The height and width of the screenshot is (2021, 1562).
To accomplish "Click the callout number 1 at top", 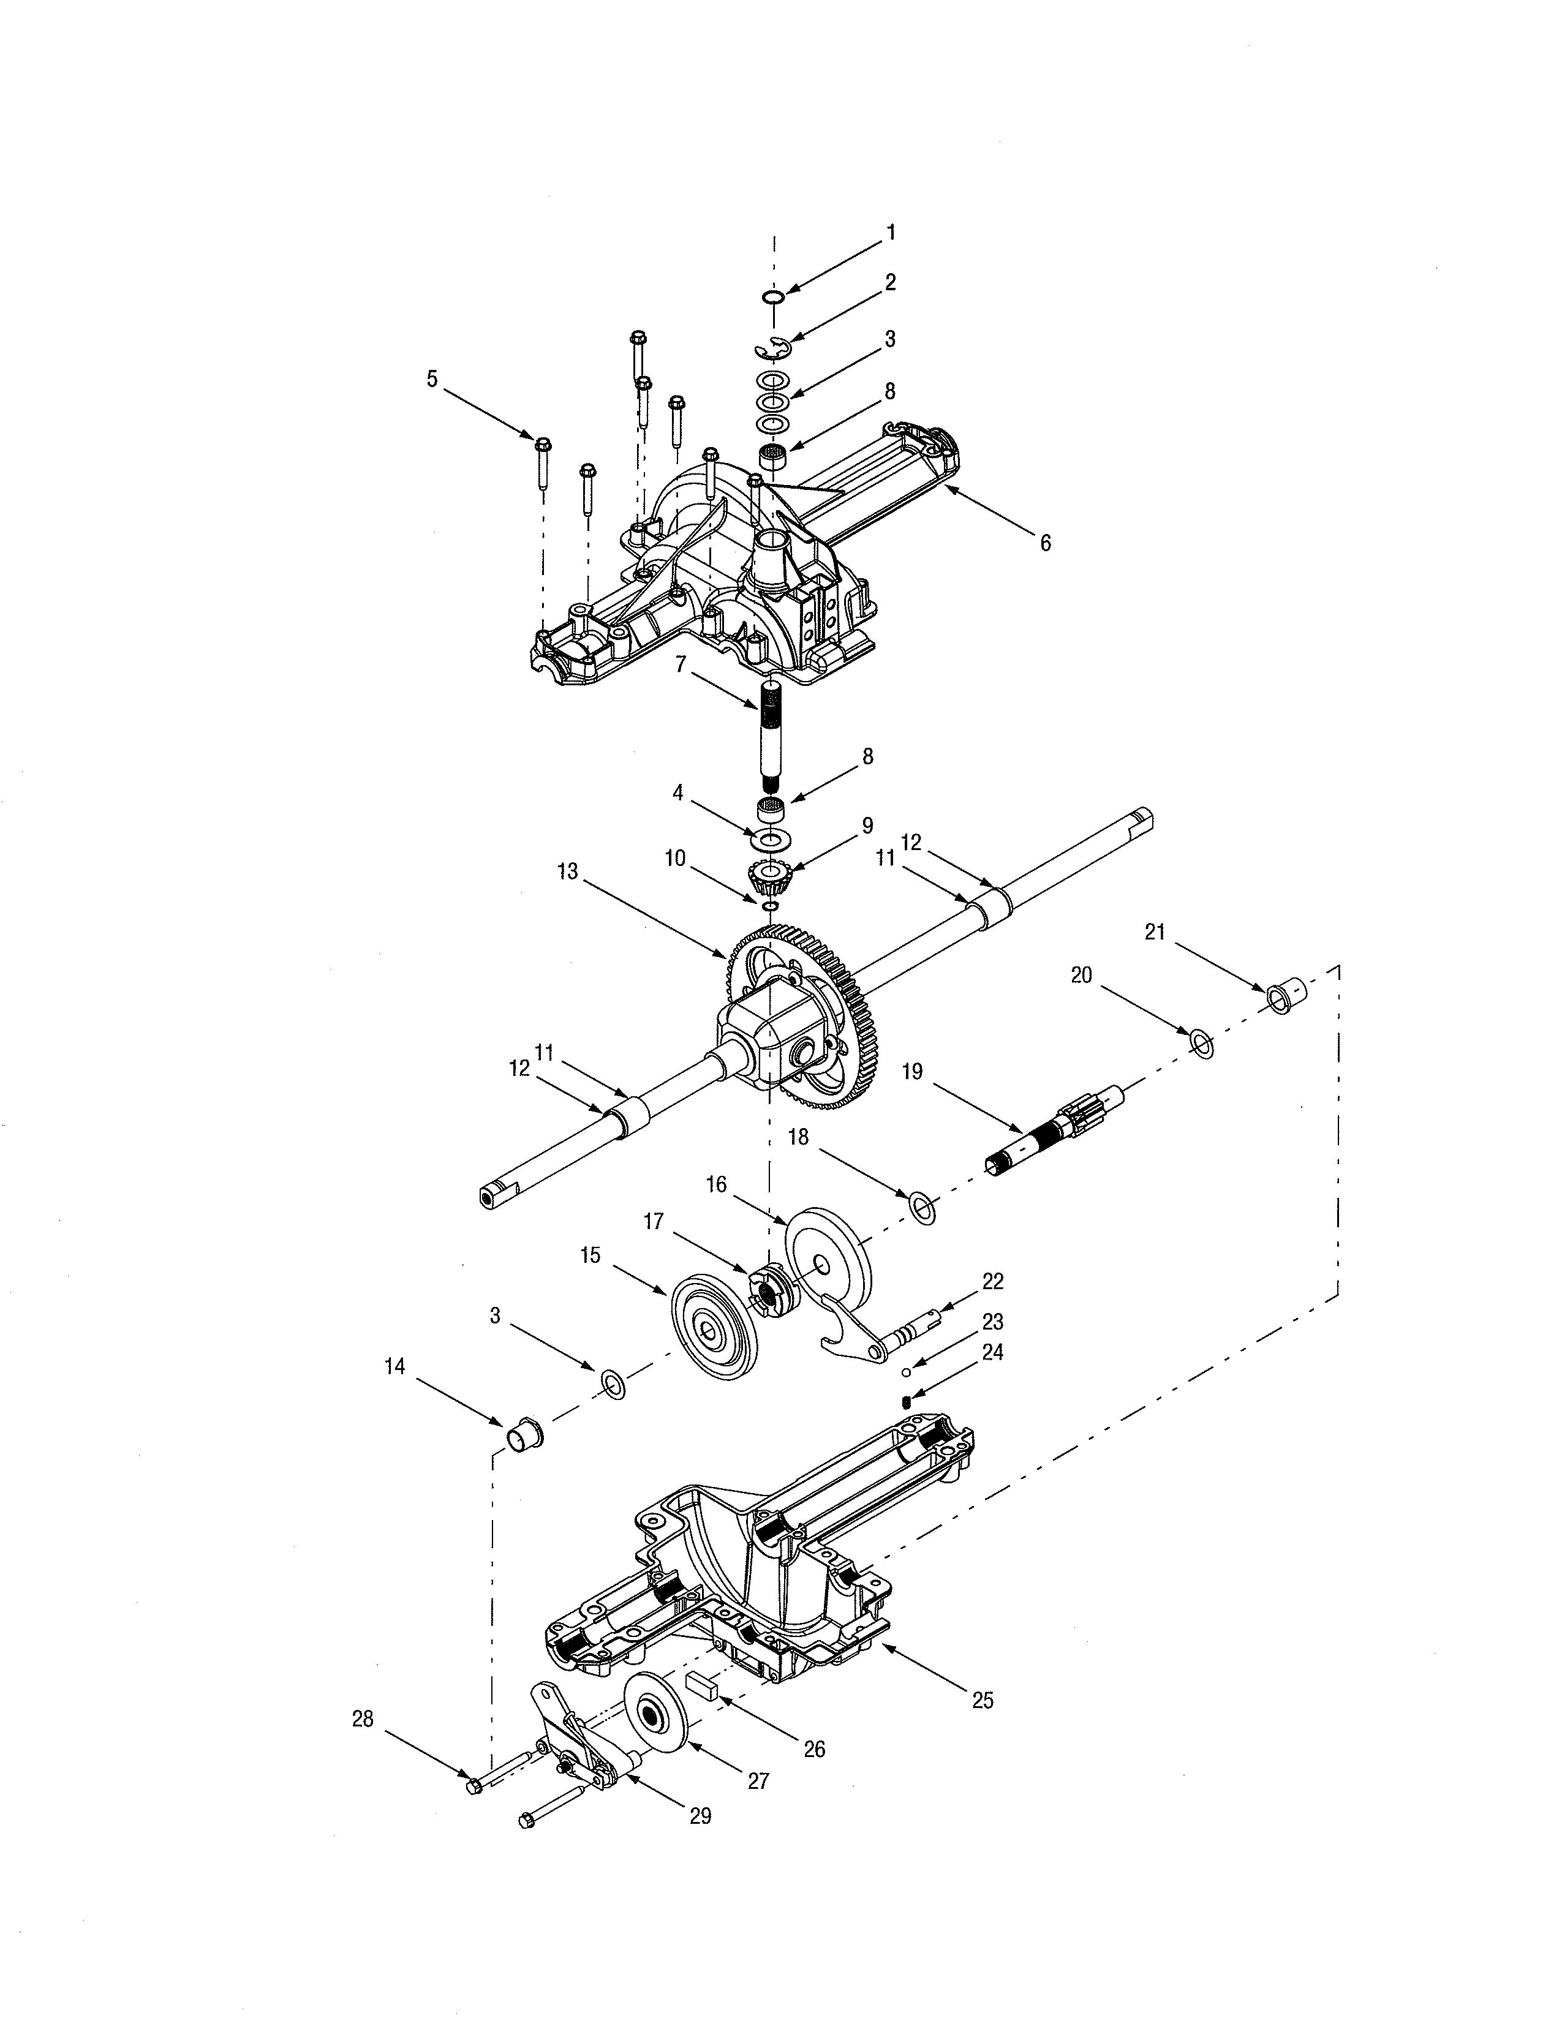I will (891, 232).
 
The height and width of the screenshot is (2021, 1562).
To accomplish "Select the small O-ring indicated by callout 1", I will (774, 296).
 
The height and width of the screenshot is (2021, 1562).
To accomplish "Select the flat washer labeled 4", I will (767, 838).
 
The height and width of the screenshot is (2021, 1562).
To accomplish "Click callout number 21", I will (1154, 932).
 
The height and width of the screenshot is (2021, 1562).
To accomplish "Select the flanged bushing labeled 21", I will (1285, 994).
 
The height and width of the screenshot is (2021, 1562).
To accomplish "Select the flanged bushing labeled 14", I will (523, 1434).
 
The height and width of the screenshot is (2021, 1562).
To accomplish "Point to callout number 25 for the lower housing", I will (983, 1700).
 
